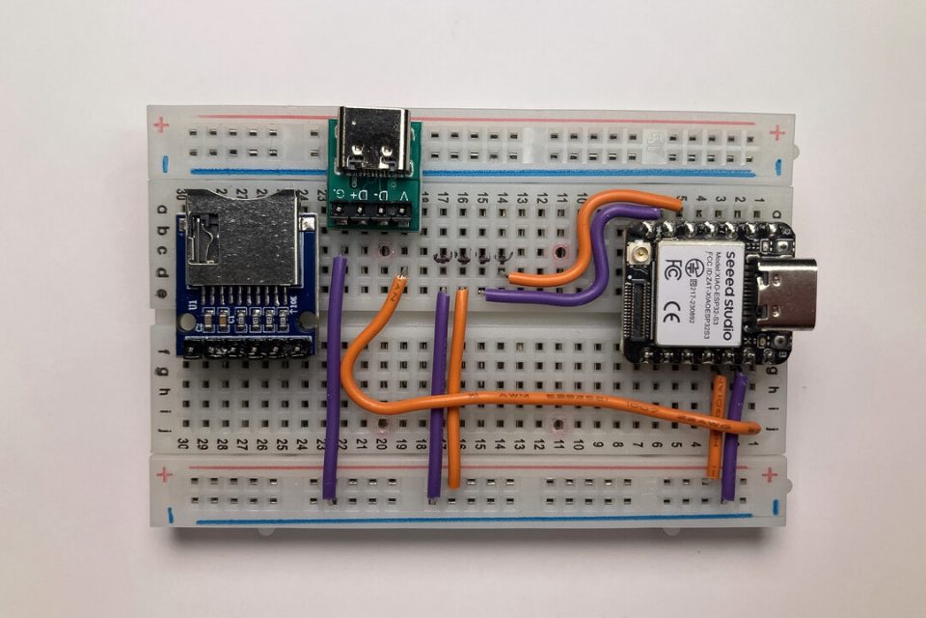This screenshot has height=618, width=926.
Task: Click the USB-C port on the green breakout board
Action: (376, 148)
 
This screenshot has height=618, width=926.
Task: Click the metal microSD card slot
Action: (241, 238)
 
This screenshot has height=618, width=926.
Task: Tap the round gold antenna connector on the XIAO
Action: (639, 255)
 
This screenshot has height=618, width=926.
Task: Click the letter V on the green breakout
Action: (402, 196)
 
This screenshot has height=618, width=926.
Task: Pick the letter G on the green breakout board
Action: (339, 196)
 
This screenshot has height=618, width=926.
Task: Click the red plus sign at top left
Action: (161, 125)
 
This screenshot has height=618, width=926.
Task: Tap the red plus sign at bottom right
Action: (769, 475)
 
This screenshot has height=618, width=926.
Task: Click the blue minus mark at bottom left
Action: (171, 514)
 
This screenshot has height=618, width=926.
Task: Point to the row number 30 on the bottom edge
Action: (182, 446)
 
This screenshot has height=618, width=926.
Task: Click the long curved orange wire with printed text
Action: (540, 401)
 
